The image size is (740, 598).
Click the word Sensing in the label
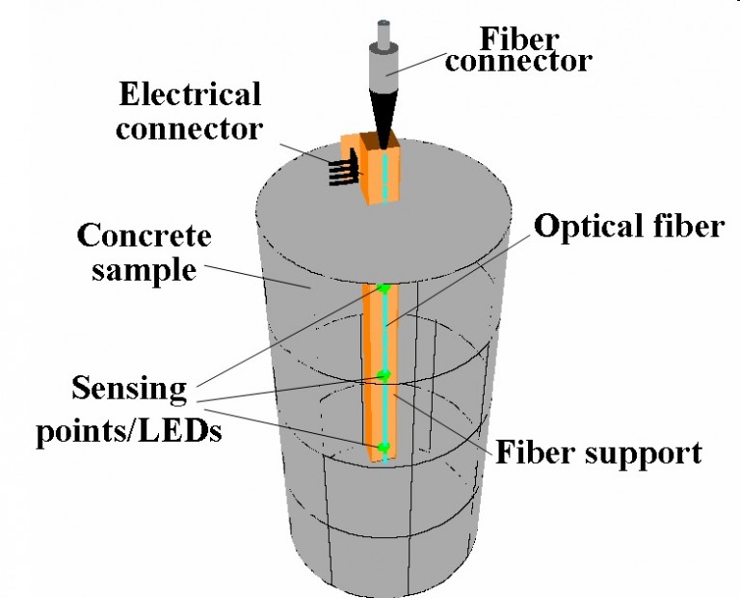[x=129, y=391]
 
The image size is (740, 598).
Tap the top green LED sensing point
[x=384, y=287]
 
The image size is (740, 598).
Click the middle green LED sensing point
[x=383, y=374]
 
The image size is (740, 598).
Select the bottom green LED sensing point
[x=383, y=448]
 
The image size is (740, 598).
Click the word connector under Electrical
[x=189, y=129]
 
